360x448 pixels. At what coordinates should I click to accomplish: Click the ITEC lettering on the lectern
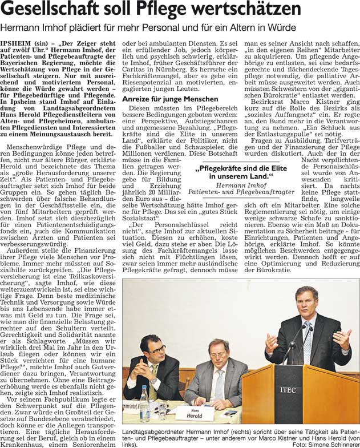[288, 390]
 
